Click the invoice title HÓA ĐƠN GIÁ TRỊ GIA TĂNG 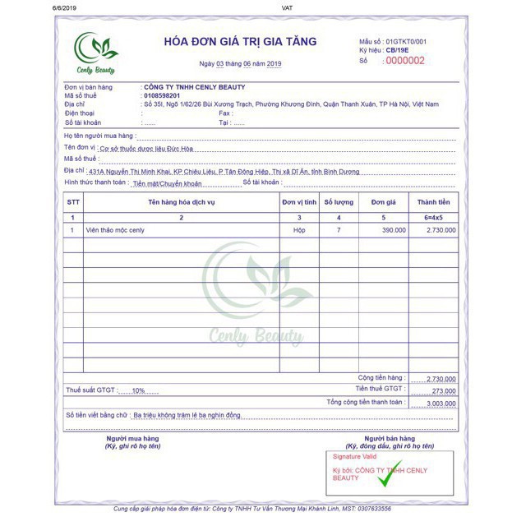(x=240, y=42)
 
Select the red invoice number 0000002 (x=405, y=60)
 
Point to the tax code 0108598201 (x=162, y=96)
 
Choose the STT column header (x=73, y=201)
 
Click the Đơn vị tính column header (x=299, y=201)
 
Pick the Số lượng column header (x=339, y=201)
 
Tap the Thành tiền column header (x=433, y=201)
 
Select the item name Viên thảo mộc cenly (x=114, y=230)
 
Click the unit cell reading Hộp (x=299, y=230)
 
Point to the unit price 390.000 (x=394, y=230)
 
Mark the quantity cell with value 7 (x=339, y=230)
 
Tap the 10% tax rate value (x=139, y=390)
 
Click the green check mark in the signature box (x=385, y=474)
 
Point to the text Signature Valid (x=353, y=455)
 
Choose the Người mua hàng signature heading (x=131, y=438)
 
